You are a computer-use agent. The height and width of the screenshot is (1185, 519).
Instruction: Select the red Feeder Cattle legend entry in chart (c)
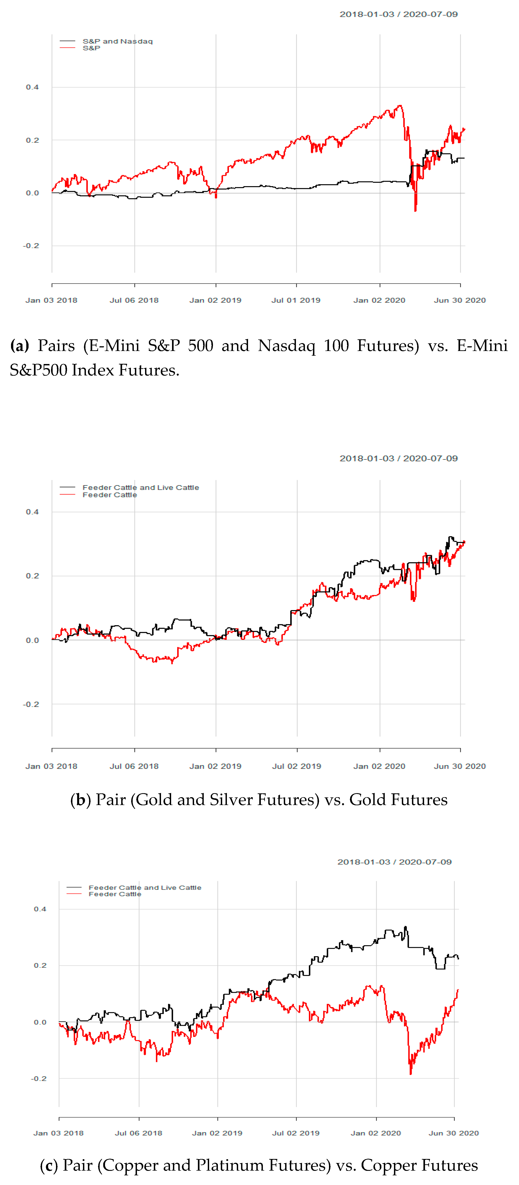115,894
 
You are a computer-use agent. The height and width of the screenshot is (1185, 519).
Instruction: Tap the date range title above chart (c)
394,862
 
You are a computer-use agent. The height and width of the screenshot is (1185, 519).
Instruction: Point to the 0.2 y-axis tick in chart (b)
32,576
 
